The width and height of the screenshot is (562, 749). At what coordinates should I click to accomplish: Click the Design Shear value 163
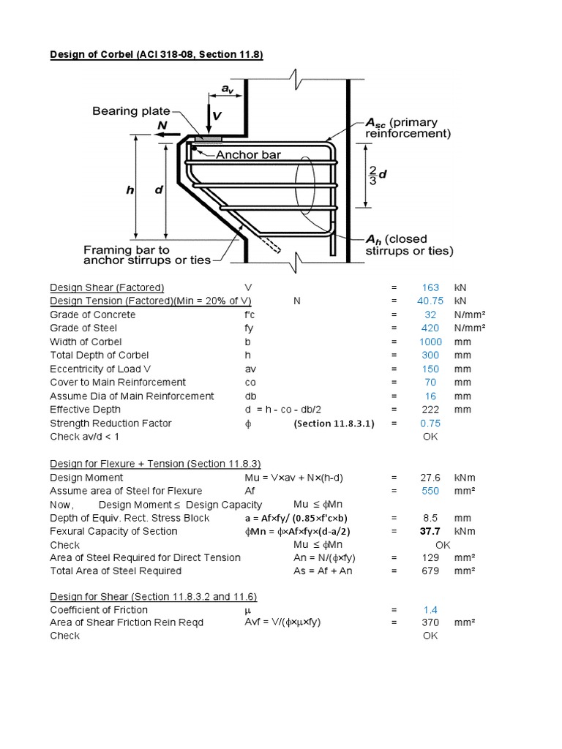tap(430, 287)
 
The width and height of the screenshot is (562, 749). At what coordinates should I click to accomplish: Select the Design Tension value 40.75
tap(430, 301)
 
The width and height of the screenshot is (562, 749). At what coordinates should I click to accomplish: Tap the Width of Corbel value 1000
tap(430, 342)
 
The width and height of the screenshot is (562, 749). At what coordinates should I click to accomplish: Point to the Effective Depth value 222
tap(430, 410)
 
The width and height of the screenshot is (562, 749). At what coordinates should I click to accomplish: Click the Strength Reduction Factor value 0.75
tap(430, 424)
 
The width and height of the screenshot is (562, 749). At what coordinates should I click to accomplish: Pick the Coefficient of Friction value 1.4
tap(430, 609)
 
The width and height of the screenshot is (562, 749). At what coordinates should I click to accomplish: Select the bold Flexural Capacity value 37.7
tap(430, 531)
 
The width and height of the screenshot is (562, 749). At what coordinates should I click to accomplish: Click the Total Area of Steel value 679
tap(430, 571)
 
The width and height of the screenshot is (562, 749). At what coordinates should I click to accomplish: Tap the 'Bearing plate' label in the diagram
tap(125, 111)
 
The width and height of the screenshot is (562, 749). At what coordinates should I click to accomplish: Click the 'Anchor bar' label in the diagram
tap(248, 154)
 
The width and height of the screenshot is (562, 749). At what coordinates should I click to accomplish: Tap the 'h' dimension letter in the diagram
tap(130, 189)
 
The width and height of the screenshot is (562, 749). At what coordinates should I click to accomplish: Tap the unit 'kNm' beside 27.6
tap(464, 478)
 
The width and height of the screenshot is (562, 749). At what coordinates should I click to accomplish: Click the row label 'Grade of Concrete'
tap(92, 315)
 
